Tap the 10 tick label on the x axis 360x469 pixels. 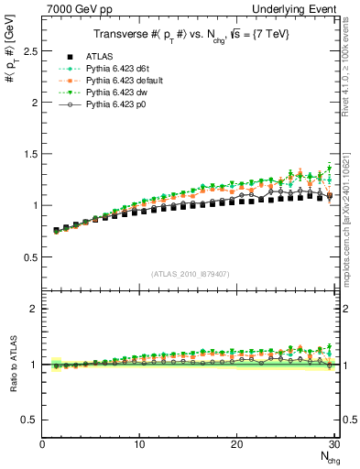(139, 444)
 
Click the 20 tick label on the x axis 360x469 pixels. (237, 444)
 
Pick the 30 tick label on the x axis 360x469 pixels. (334, 444)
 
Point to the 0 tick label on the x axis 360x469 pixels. (42, 444)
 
